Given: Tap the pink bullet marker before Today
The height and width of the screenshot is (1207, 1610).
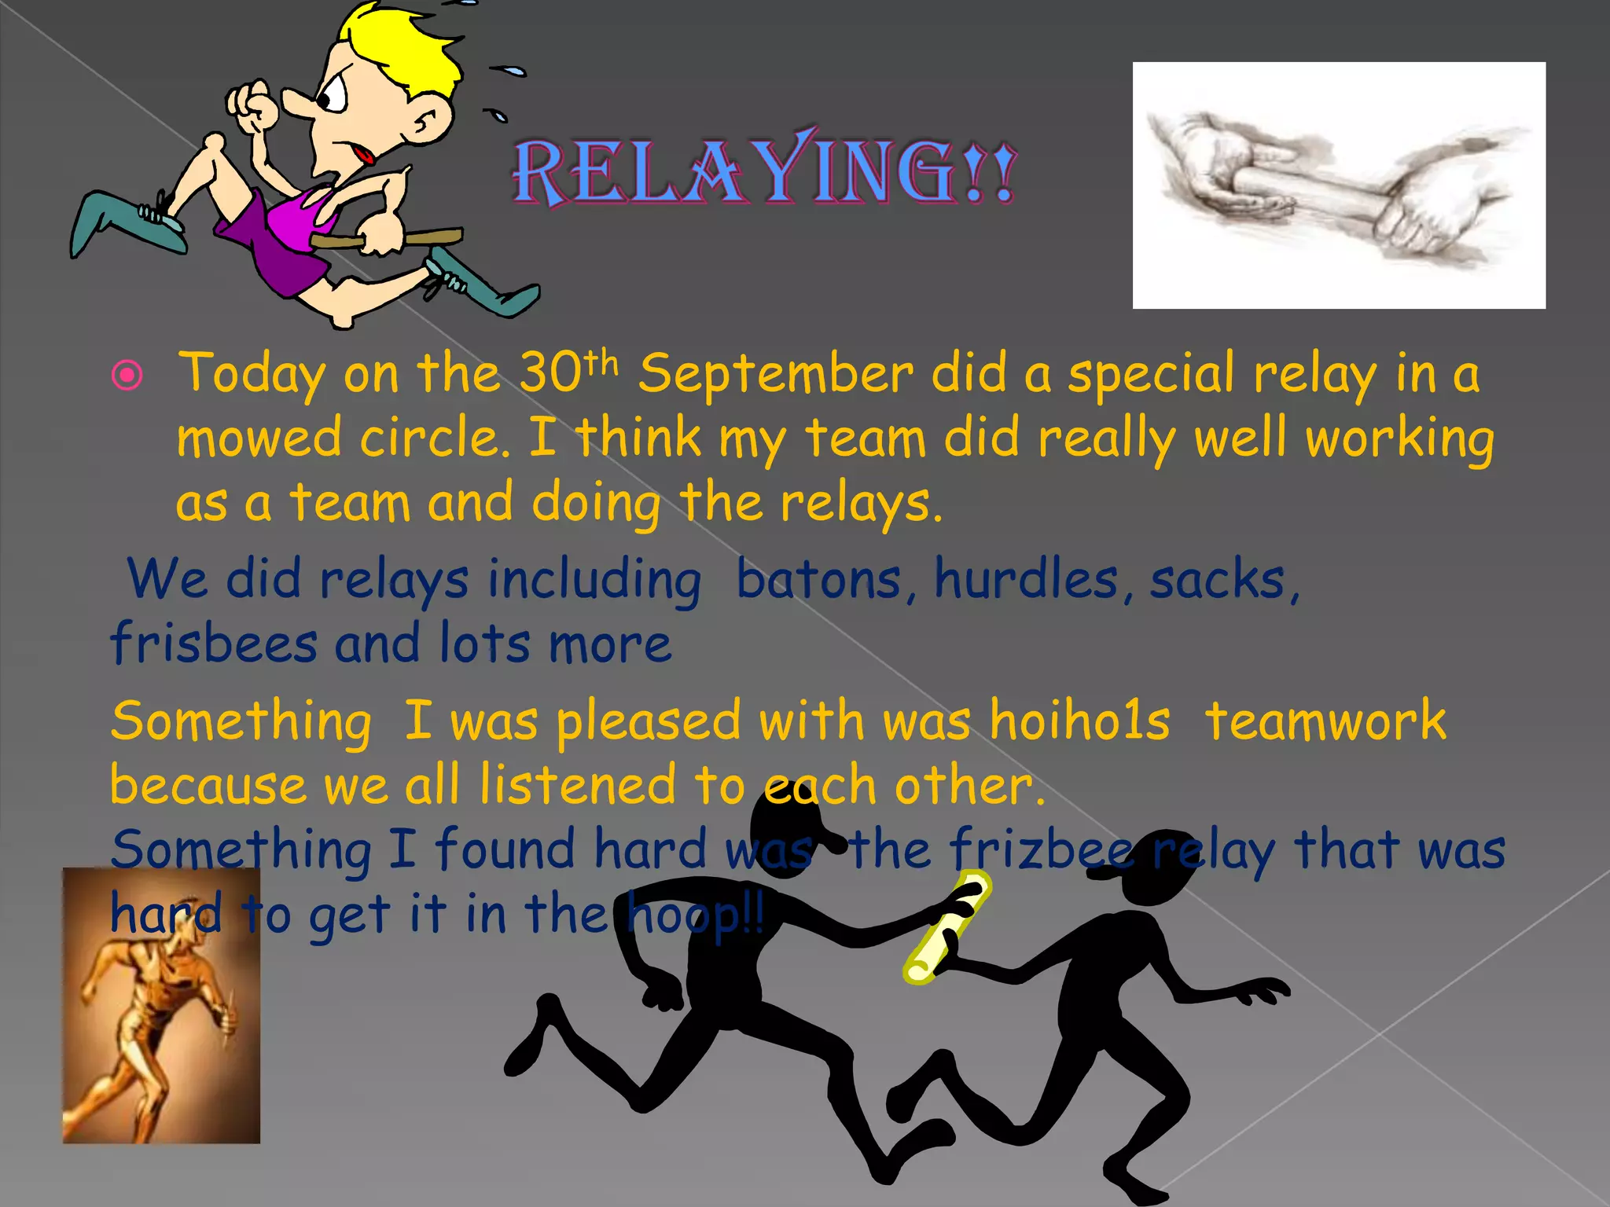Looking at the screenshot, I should [127, 376].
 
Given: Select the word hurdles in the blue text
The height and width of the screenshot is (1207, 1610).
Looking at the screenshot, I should [1025, 579].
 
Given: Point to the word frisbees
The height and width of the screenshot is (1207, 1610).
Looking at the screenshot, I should [214, 644].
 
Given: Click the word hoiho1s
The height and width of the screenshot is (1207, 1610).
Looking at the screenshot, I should [1079, 721].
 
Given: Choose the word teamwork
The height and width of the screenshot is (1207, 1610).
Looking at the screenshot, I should [1325, 721].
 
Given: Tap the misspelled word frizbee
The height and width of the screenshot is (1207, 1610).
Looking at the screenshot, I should [1042, 850].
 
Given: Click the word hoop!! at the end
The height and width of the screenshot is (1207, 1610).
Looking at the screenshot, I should [695, 915].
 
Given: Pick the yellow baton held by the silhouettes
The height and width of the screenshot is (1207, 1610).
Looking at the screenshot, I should [947, 926].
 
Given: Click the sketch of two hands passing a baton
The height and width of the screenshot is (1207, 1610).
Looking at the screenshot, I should [1338, 185].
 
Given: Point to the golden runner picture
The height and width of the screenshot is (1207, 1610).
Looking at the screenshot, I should [161, 1006].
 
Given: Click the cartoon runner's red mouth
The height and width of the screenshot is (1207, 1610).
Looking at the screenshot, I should [363, 154].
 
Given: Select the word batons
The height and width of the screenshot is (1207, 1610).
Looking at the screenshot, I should [818, 579].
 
